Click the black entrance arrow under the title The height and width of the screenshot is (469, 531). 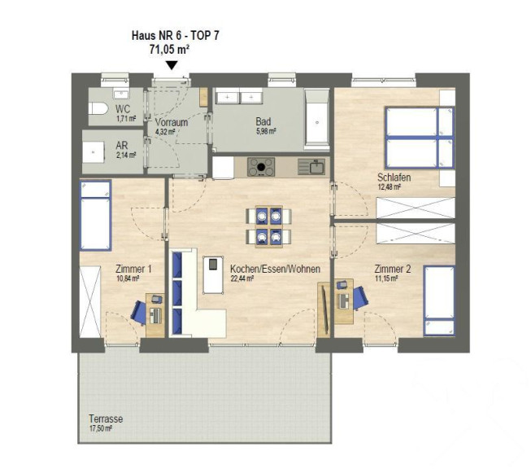coord(172,65)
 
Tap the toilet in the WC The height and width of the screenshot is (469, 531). coord(98,108)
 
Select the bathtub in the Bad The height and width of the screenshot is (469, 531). coord(317,119)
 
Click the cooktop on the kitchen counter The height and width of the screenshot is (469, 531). coord(261,167)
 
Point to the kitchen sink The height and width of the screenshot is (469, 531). coord(311,167)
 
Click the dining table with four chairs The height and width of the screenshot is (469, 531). coord(268,226)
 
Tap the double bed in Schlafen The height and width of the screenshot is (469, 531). coord(420,138)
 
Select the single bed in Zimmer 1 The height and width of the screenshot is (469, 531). coord(95,216)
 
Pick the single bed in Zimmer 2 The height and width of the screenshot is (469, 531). coord(439,301)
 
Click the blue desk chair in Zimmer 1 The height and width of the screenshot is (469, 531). coord(139,313)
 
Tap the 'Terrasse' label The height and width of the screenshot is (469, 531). coord(106,419)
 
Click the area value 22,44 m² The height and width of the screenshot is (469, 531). coord(242,278)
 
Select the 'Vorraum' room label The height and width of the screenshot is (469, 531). coord(172,122)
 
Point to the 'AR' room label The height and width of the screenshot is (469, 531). coord(122,146)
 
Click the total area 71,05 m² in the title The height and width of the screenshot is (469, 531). coord(169,50)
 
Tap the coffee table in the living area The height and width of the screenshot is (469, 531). coord(213,275)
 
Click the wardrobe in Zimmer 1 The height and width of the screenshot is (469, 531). coord(90,301)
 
